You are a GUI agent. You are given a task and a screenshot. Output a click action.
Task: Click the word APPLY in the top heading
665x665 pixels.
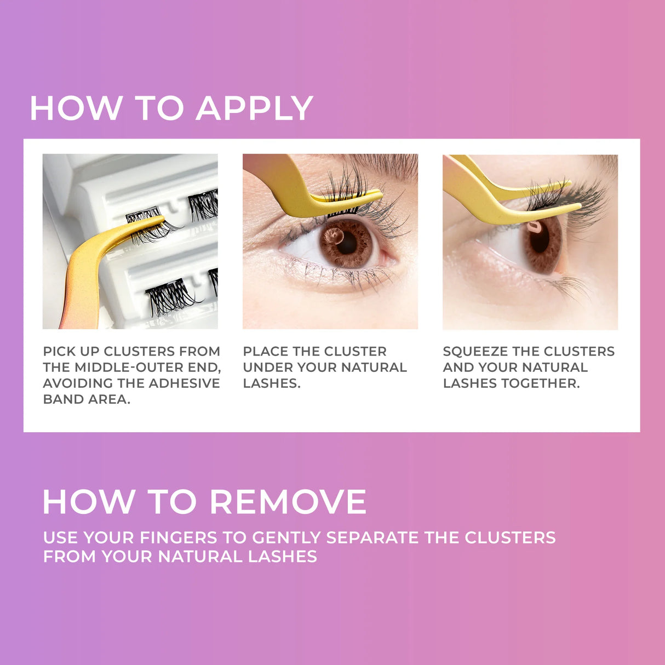pyautogui.click(x=254, y=108)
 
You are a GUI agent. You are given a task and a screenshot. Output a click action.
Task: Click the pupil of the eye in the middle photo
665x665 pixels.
pyautogui.click(x=346, y=243)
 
